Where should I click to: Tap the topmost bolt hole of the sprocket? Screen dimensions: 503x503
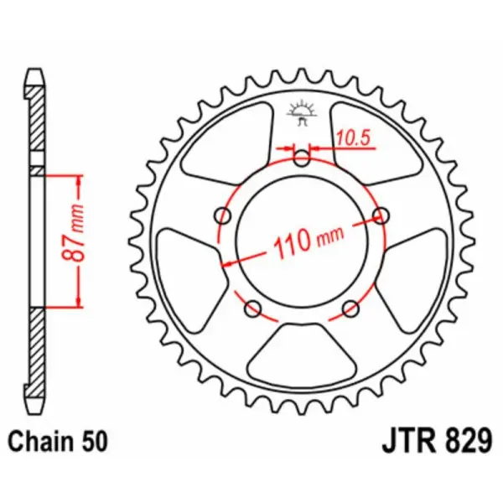302,156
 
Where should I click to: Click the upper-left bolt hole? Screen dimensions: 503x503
222,216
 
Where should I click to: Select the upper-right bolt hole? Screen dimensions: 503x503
382,215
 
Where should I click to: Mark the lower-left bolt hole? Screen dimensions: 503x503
252,309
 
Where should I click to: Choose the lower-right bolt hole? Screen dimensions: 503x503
352,309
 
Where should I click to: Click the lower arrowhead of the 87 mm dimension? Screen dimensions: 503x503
78,303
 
